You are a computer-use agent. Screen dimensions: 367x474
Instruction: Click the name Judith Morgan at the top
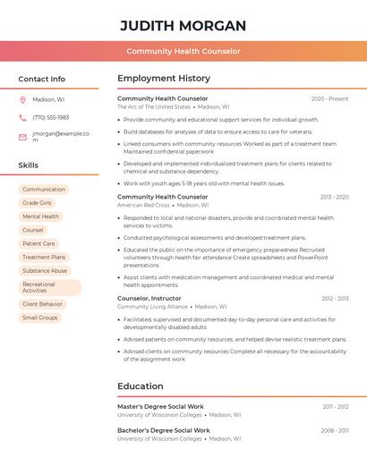click(x=183, y=25)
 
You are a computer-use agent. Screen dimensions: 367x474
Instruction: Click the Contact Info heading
click(x=42, y=79)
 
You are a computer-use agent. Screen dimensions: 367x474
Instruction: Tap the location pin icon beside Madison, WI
click(x=22, y=99)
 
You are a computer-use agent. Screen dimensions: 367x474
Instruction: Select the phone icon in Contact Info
click(x=22, y=117)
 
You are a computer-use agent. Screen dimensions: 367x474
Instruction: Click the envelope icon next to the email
click(x=22, y=137)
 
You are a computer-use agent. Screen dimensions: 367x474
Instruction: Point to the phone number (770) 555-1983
click(x=50, y=117)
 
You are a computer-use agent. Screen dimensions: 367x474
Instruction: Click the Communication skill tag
click(x=44, y=190)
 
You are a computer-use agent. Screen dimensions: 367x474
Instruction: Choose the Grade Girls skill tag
click(x=38, y=203)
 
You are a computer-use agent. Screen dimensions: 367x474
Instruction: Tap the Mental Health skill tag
click(x=40, y=216)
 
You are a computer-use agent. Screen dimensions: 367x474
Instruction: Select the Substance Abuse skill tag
click(x=45, y=270)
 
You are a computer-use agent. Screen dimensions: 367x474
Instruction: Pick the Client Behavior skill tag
click(x=43, y=304)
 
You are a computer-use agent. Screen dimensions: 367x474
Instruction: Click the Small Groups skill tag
click(x=40, y=317)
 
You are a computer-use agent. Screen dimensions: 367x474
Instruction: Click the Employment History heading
click(x=164, y=79)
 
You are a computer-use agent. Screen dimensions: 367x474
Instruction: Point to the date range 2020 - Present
click(x=329, y=98)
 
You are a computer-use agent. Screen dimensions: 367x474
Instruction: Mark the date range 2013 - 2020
click(x=334, y=197)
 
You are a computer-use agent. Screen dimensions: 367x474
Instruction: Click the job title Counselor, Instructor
click(x=149, y=298)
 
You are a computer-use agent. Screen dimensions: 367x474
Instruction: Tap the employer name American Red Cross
click(x=143, y=205)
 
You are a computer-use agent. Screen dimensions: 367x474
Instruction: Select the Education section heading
click(x=140, y=386)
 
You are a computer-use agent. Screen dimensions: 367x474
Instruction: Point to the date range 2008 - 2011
click(x=335, y=430)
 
